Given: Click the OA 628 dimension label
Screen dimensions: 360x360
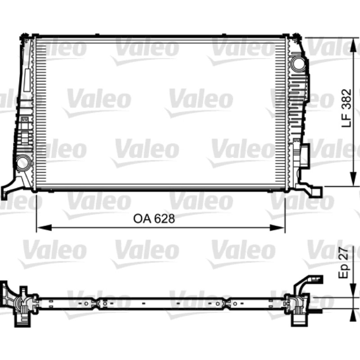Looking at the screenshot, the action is point(154,219).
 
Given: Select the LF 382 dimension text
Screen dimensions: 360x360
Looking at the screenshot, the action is point(346,108).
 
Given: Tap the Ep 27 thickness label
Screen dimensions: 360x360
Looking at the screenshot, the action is point(344,263).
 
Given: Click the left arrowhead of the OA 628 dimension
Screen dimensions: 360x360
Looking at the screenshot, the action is point(44,228).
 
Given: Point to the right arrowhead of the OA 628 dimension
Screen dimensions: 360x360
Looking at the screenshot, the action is point(277,228).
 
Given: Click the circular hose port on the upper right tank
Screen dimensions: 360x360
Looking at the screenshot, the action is point(298,63).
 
